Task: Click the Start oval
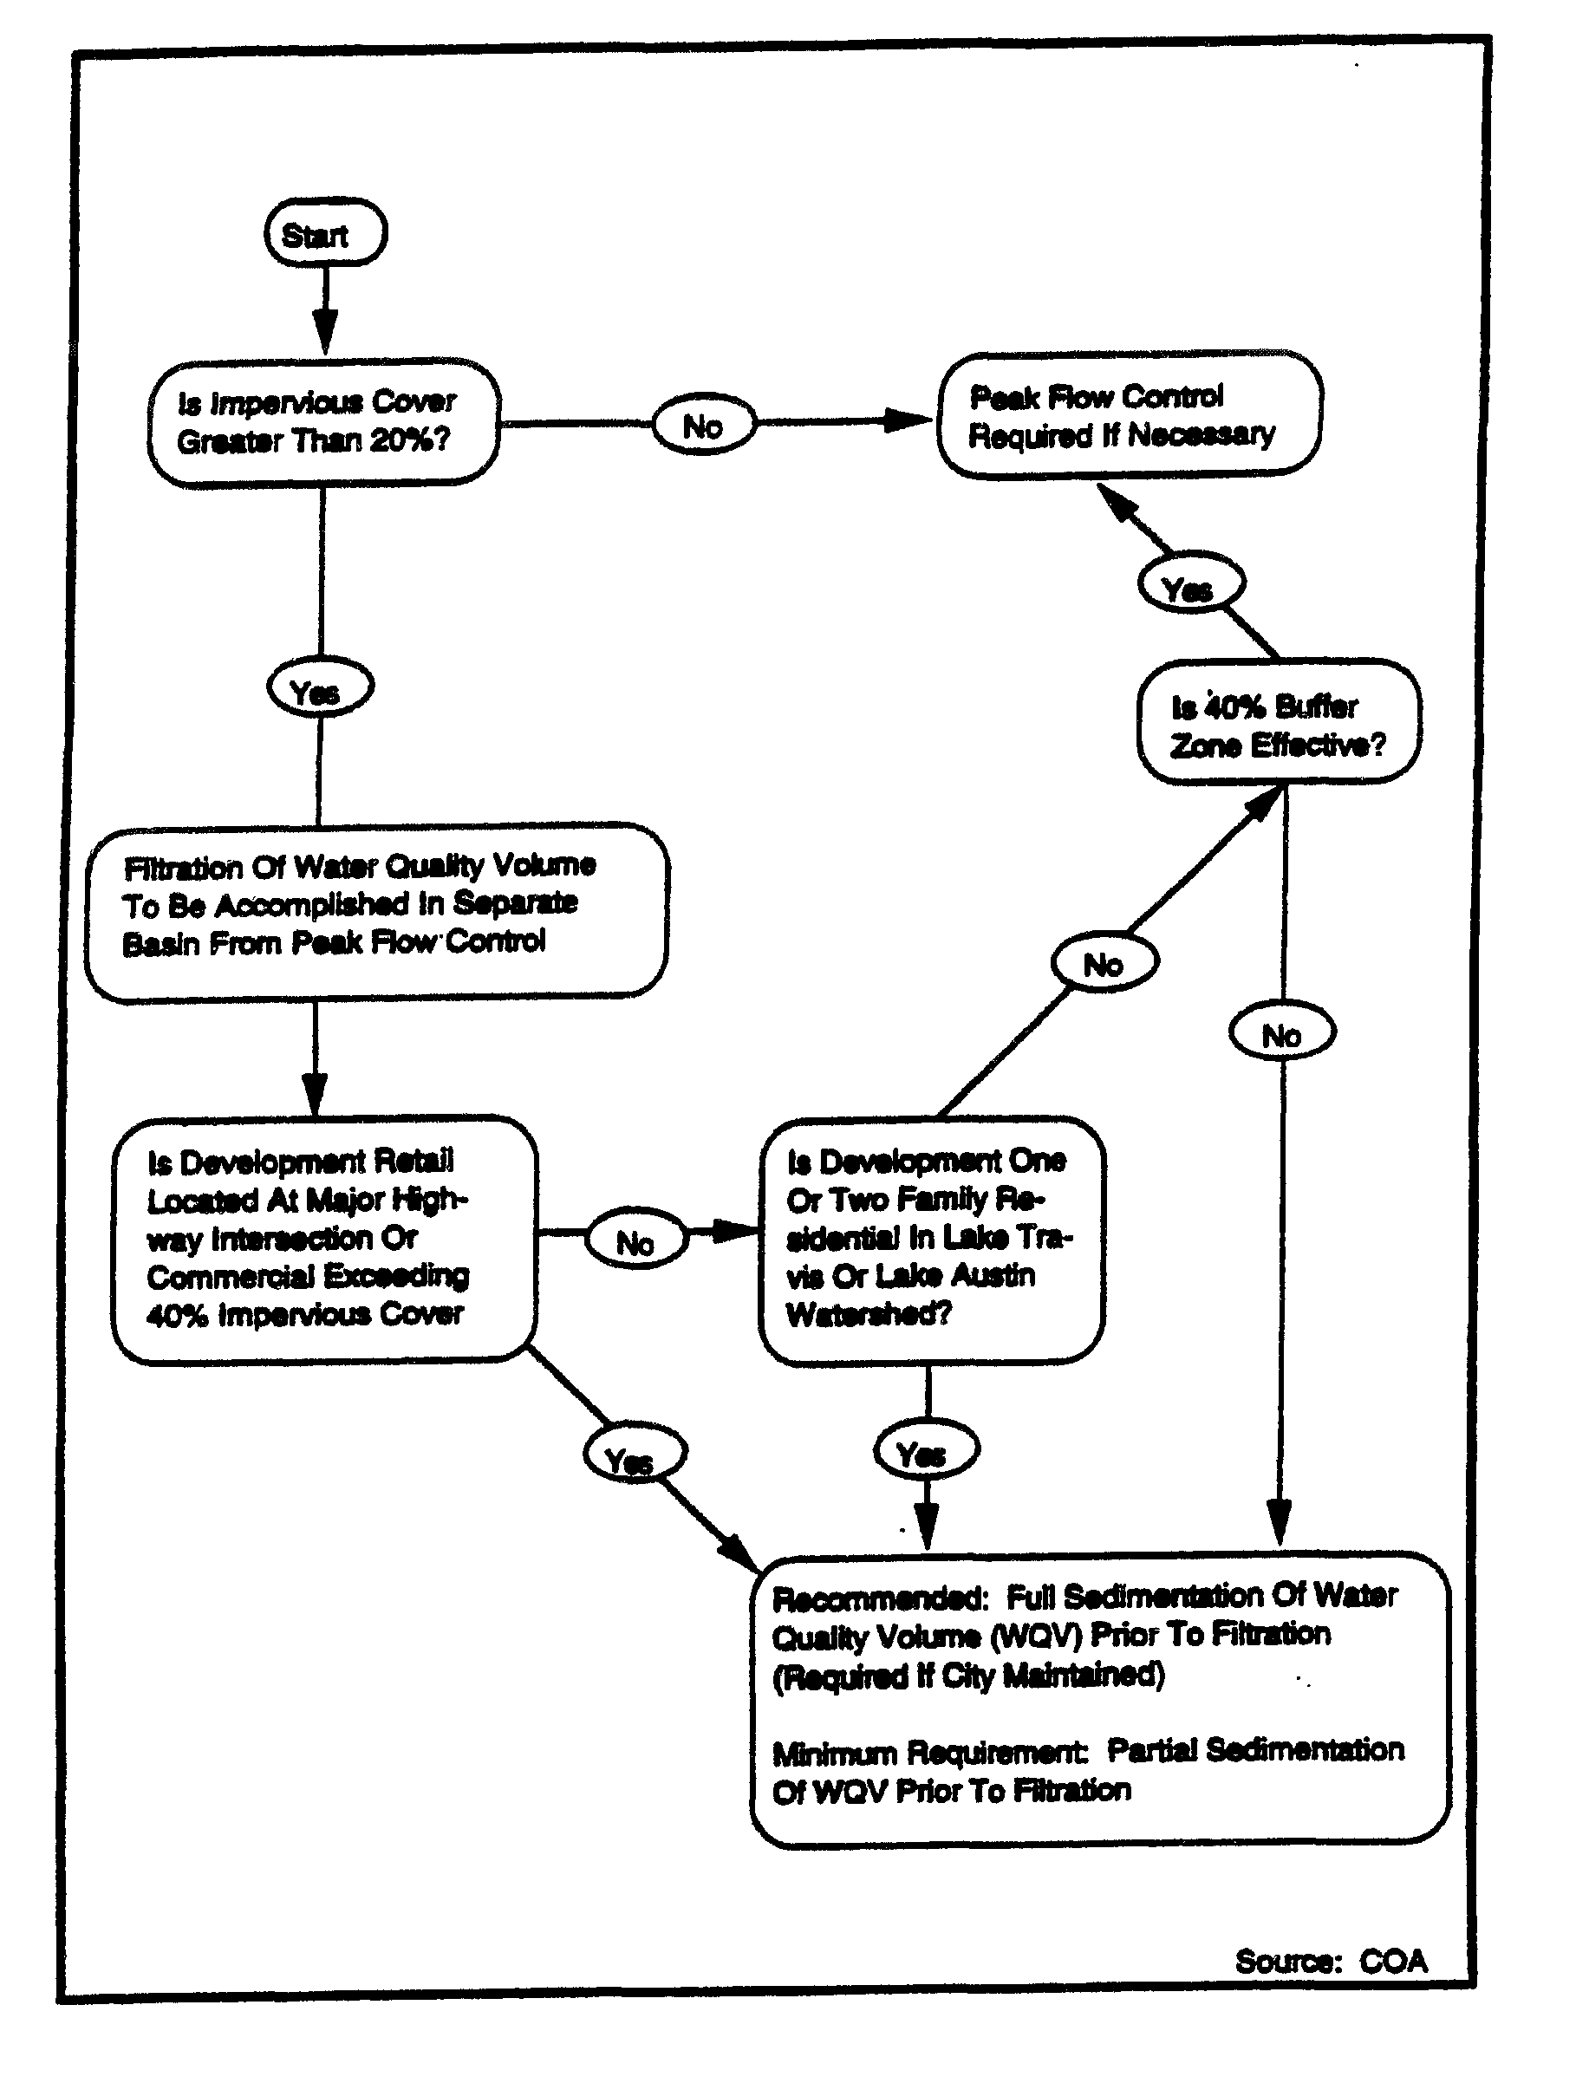(325, 232)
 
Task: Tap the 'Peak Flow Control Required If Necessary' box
(1129, 415)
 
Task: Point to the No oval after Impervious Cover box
(704, 426)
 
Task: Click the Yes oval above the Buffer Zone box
(1190, 586)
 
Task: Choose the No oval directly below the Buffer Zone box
(1281, 1034)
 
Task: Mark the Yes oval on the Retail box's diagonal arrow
(633, 1456)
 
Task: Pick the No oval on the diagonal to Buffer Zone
(1104, 963)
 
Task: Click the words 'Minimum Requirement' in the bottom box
(928, 1752)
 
